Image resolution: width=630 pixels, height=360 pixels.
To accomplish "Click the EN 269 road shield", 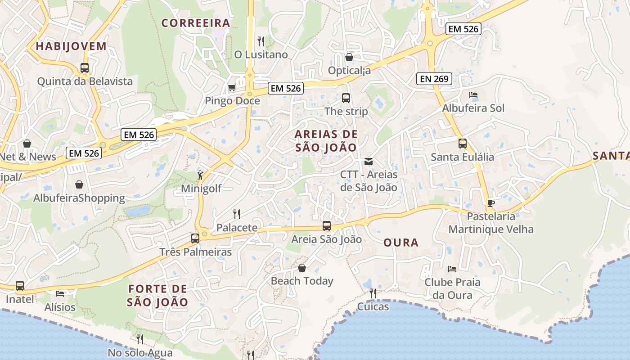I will [434, 79].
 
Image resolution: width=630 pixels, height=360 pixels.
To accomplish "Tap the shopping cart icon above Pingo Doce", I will [232, 87].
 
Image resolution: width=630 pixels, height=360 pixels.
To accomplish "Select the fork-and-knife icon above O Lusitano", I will [261, 41].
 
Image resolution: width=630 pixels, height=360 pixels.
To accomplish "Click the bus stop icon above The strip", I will [346, 98].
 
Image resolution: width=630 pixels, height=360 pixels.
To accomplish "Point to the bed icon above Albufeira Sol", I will [473, 95].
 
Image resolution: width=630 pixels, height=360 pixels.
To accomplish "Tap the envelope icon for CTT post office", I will [369, 161].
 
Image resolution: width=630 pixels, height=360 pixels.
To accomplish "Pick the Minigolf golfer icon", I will [201, 175].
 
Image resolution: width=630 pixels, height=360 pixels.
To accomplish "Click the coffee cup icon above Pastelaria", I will [491, 203].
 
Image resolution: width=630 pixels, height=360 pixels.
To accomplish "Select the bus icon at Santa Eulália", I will [462, 144].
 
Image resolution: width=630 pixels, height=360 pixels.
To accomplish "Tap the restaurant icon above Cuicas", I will [373, 293].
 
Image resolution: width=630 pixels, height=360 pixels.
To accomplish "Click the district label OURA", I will [401, 243].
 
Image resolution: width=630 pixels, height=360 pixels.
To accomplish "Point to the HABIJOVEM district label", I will [71, 46].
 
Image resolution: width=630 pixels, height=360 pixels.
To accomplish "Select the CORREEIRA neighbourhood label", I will [196, 23].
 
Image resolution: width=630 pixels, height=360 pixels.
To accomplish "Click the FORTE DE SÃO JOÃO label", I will [157, 295].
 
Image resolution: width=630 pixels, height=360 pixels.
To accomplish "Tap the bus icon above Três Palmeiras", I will [195, 238].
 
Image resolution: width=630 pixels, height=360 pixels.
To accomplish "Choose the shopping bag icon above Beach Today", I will [302, 268].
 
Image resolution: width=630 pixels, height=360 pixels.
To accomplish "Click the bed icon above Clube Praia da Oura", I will [452, 269].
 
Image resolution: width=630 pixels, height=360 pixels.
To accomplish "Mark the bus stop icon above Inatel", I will [20, 286].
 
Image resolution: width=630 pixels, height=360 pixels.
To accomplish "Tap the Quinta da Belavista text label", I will [85, 81].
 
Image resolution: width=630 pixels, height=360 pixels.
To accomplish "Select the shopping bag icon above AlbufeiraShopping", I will [79, 184].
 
